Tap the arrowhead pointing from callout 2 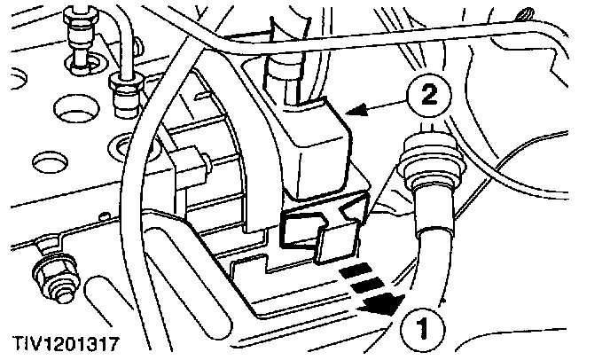[x=356, y=112]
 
